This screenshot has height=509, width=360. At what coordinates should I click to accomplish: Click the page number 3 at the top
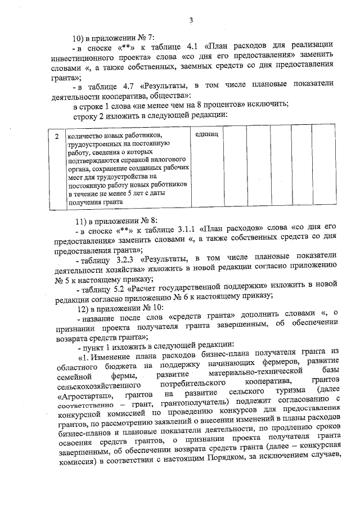(x=191, y=21)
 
